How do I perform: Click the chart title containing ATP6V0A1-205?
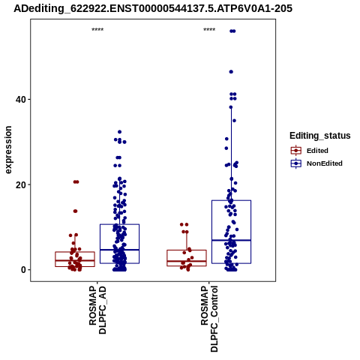(x=153, y=8)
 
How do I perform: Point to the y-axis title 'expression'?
(x=8, y=150)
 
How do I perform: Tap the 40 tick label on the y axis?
(x=21, y=100)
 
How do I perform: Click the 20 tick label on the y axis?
(x=21, y=184)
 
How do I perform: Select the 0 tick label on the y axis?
(x=23, y=270)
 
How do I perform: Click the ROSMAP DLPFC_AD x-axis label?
(x=97, y=310)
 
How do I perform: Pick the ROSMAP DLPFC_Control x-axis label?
(x=209, y=319)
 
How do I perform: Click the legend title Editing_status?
(x=320, y=136)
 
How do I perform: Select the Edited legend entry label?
(x=317, y=151)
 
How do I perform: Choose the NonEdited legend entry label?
(x=325, y=163)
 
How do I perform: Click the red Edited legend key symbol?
(x=296, y=151)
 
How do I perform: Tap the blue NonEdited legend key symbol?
(x=296, y=163)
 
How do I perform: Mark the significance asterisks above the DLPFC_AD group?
(x=97, y=30)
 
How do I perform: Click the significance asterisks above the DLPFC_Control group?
(x=209, y=30)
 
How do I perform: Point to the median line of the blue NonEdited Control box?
(x=231, y=240)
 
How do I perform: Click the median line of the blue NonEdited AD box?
(x=119, y=250)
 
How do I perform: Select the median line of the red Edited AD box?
(x=75, y=260)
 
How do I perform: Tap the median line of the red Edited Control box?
(x=187, y=261)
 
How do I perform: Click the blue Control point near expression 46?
(x=231, y=72)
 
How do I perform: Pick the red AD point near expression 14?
(x=75, y=211)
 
